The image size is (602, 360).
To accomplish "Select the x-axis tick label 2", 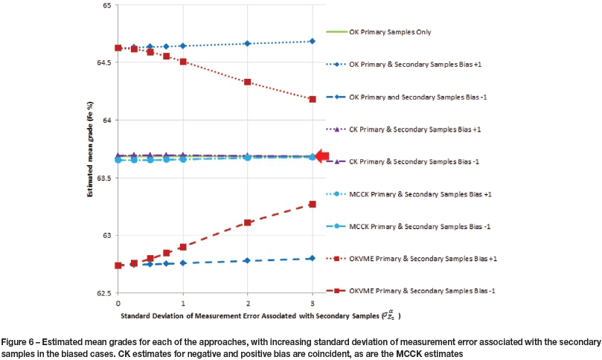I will [x=247, y=304].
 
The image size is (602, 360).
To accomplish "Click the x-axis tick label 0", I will [x=118, y=304].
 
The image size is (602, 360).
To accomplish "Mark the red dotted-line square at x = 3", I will [x=313, y=99].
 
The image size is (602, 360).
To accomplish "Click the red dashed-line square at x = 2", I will [x=247, y=222].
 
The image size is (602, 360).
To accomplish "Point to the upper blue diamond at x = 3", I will [x=313, y=42].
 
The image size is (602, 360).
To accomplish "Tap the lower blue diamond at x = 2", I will [x=247, y=261].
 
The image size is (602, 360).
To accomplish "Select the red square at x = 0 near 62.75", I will [x=118, y=266].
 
